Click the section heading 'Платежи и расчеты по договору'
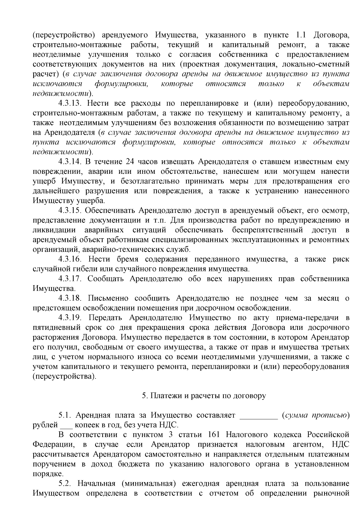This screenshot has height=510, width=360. (x=204, y=396)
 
